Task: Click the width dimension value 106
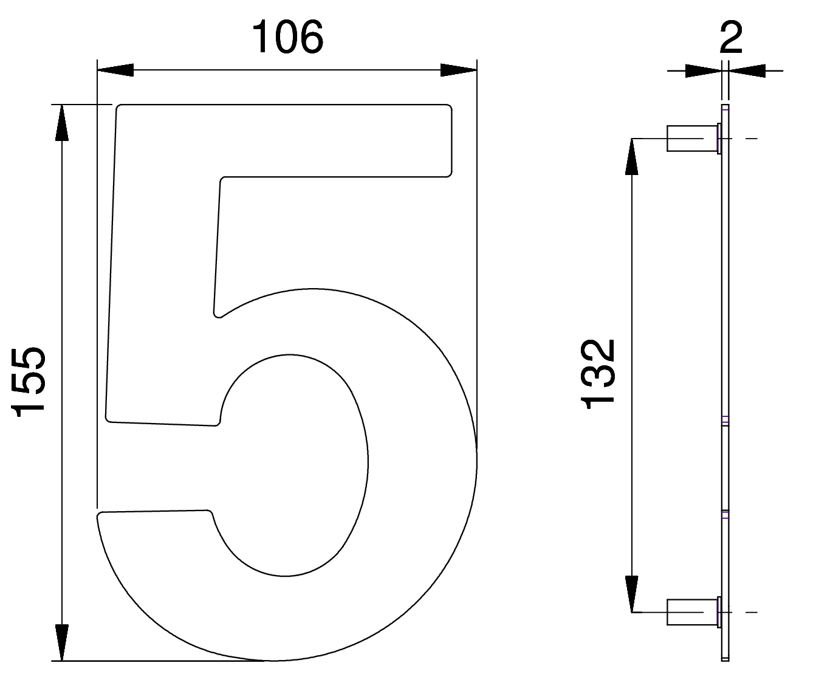pos(288,37)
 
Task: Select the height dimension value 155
pos(28,382)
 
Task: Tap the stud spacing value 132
pos(598,374)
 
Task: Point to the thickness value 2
pos(731,38)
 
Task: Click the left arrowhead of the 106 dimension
pos(115,70)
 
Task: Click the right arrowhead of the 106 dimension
pos(459,70)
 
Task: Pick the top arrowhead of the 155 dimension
pos(62,123)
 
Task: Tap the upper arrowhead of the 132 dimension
pos(631,156)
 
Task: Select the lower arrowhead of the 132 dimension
pos(631,594)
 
